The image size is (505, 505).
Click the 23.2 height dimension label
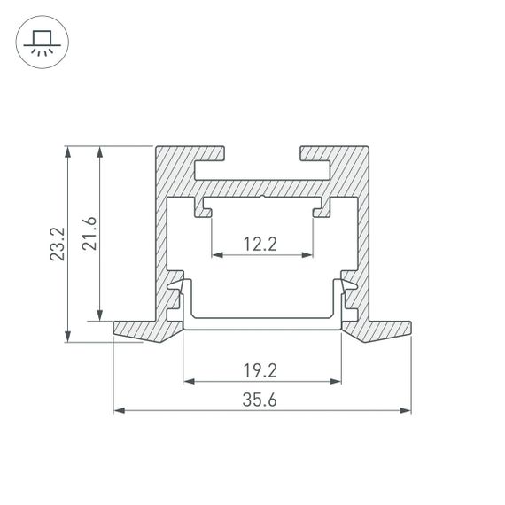click(58, 245)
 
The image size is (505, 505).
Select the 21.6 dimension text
click(89, 233)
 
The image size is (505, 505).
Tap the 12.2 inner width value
click(261, 244)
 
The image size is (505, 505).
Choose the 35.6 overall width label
click(261, 400)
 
